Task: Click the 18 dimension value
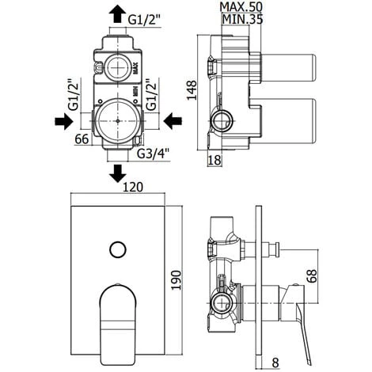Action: (x=213, y=159)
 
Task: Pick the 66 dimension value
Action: (x=80, y=141)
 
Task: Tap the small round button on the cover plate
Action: (x=118, y=251)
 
